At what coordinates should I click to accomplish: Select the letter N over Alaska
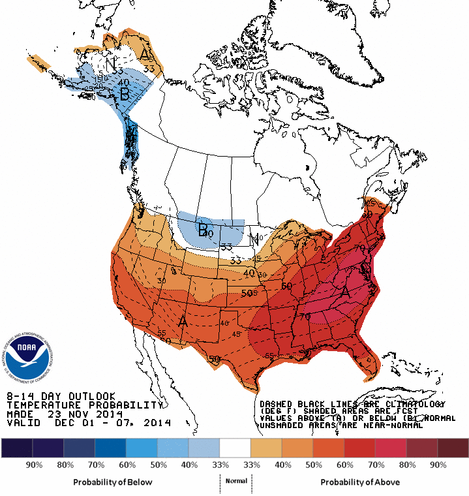point(112,64)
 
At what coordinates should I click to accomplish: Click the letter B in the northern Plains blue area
point(203,230)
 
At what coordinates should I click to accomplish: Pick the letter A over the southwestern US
point(183,321)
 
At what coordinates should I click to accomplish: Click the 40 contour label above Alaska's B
point(123,82)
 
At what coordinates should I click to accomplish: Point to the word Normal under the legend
point(235,481)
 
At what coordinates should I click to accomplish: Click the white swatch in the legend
point(235,447)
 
